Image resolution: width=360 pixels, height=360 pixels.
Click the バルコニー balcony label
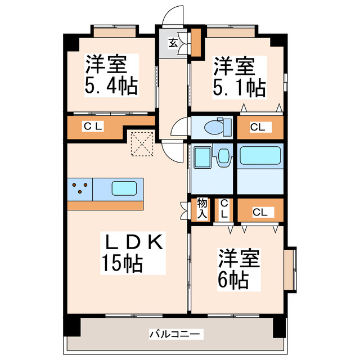click(174, 334)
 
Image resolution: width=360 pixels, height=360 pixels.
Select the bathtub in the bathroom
click(260, 155)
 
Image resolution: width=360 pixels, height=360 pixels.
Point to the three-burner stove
click(80, 188)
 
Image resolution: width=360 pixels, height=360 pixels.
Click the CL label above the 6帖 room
click(259, 212)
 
